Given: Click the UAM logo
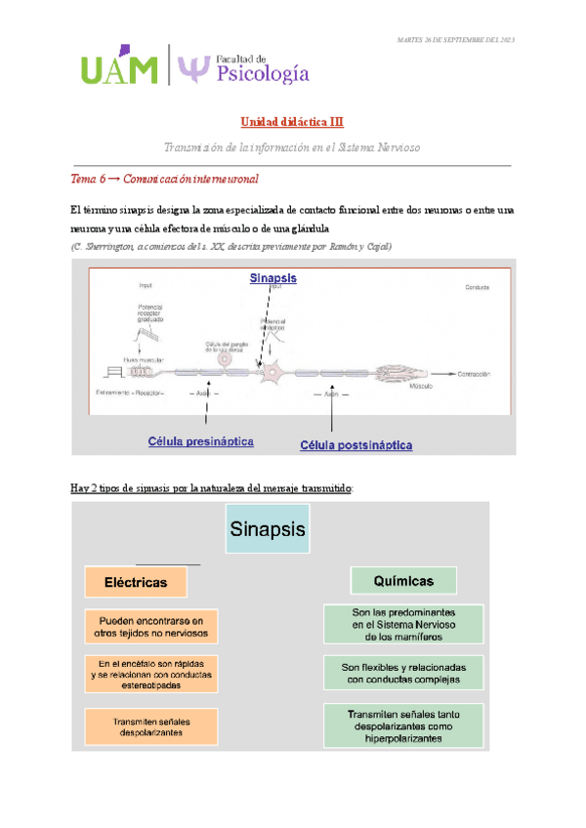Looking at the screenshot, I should tap(118, 67).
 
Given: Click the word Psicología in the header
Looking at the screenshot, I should tap(257, 73).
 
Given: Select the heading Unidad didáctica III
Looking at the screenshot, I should tap(292, 122).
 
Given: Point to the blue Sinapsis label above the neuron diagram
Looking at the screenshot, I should tap(272, 278).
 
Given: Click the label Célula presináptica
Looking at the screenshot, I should tap(201, 441).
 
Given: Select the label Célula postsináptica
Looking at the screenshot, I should tap(356, 445).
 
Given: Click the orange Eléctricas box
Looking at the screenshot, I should tap(136, 582).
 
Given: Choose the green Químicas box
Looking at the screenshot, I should tap(403, 580).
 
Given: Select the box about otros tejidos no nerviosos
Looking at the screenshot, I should tap(150, 626).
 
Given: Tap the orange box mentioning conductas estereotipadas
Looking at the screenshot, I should tap(150, 674).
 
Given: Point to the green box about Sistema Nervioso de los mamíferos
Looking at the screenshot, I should tap(404, 624).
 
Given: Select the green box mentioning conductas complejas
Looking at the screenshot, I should tap(404, 673).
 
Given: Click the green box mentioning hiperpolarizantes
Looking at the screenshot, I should tap(404, 726).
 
